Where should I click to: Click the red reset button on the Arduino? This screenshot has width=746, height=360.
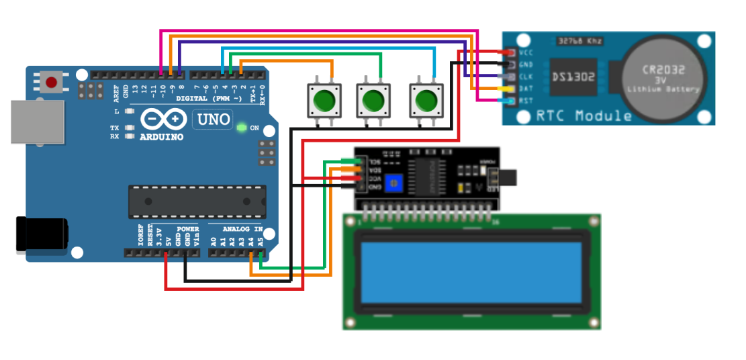[x=51, y=83]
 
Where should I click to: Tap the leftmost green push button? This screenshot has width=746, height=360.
[x=324, y=101]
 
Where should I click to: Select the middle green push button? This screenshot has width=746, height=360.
[x=373, y=101]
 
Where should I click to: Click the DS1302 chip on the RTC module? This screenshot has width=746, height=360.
[x=573, y=77]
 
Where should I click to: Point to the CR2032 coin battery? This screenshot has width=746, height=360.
[x=662, y=78]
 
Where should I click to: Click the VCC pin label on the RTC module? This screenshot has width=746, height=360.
[x=526, y=52]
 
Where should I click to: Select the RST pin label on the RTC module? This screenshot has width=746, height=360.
[x=526, y=101]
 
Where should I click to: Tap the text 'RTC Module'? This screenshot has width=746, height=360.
[x=584, y=116]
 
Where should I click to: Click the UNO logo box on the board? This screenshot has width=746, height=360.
[x=212, y=120]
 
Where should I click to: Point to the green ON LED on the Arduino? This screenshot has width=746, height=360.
[x=241, y=127]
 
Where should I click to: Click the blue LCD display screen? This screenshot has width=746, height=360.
[x=471, y=272]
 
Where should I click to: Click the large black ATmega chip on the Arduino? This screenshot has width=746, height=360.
[x=197, y=202]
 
